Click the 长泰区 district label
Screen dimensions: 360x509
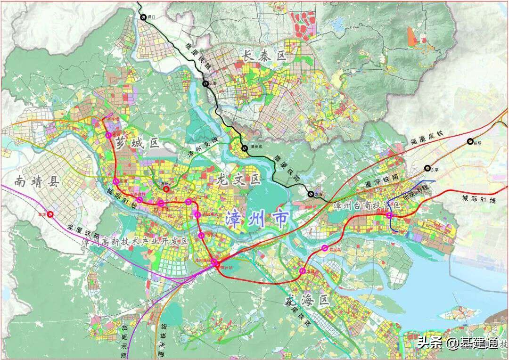tap(264, 56)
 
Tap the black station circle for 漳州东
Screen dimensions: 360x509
tap(245, 148)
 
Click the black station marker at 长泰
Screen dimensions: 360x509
tap(205, 84)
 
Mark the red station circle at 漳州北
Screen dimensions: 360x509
tap(166, 189)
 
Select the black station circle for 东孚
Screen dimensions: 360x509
tap(427, 168)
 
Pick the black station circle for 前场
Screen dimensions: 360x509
tap(470, 141)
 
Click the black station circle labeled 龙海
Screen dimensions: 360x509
tap(311, 194)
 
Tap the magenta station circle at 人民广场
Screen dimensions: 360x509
tap(189, 202)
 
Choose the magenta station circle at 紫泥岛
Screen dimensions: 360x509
tap(324, 248)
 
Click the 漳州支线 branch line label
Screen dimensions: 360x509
tap(203, 147)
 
